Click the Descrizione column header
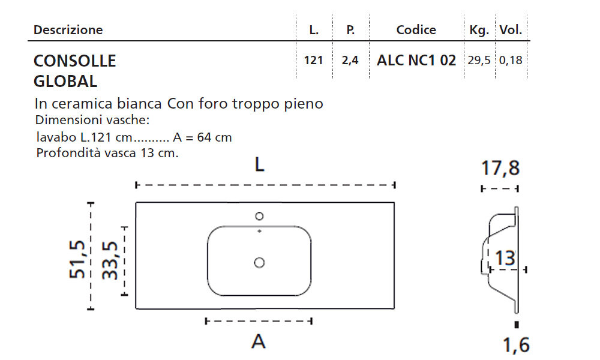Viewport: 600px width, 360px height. pos(68,29)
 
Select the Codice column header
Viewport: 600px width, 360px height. pos(416,29)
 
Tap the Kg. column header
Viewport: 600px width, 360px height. pos(479,29)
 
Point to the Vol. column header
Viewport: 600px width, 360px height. pos(511,29)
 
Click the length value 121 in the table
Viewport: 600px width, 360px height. pos(313,61)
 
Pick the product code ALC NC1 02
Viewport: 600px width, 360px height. pos(416,61)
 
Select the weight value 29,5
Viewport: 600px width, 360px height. pos(479,61)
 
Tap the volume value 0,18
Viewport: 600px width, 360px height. pos(511,61)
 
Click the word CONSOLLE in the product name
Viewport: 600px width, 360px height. pos(74,61)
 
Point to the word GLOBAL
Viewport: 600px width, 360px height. pos(65,81)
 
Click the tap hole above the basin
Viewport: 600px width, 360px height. pos(260,216)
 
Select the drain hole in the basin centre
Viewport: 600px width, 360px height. pos(259,262)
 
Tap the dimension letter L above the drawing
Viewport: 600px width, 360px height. pos(259,165)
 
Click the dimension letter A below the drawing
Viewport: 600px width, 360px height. pos(259,341)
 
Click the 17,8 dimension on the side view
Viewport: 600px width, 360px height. pos(500,169)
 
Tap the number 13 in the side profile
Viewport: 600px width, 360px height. pos(506,258)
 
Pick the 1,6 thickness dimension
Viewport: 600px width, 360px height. pos(515,345)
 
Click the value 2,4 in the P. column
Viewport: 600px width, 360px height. pos(350,61)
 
